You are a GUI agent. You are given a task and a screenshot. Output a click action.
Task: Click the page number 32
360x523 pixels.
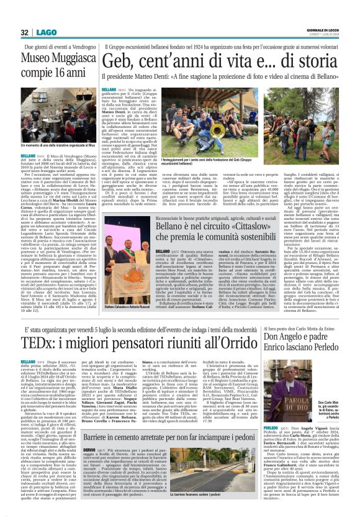coord(25,32)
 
